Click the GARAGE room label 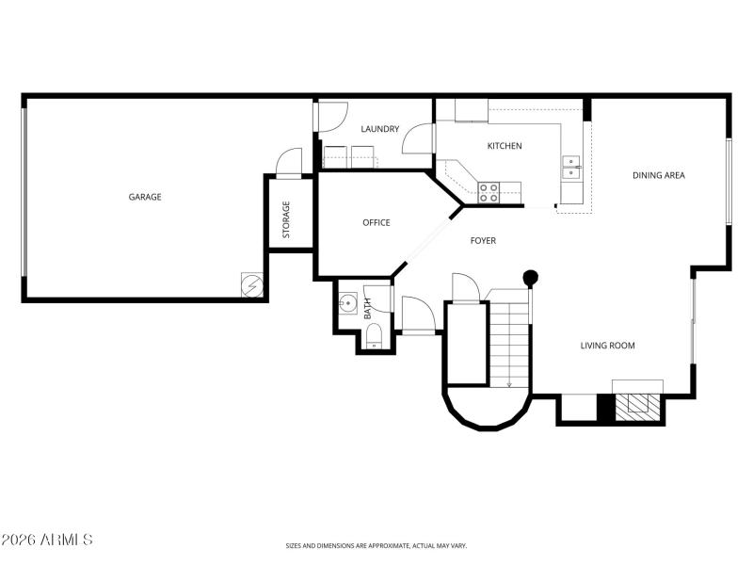click(145, 197)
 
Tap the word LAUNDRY click(380, 129)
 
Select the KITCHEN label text click(504, 146)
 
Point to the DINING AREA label click(658, 175)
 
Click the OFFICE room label click(376, 222)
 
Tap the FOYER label click(483, 241)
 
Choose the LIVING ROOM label click(607, 346)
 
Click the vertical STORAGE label click(286, 218)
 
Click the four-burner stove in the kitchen click(489, 192)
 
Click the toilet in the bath click(374, 336)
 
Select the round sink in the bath click(348, 304)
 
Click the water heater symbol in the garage click(252, 284)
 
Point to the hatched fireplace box click(637, 402)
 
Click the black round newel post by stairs click(531, 278)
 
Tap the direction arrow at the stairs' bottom click(508, 382)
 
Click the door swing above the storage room click(288, 162)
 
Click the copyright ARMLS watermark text click(47, 540)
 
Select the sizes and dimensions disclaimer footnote click(376, 545)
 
